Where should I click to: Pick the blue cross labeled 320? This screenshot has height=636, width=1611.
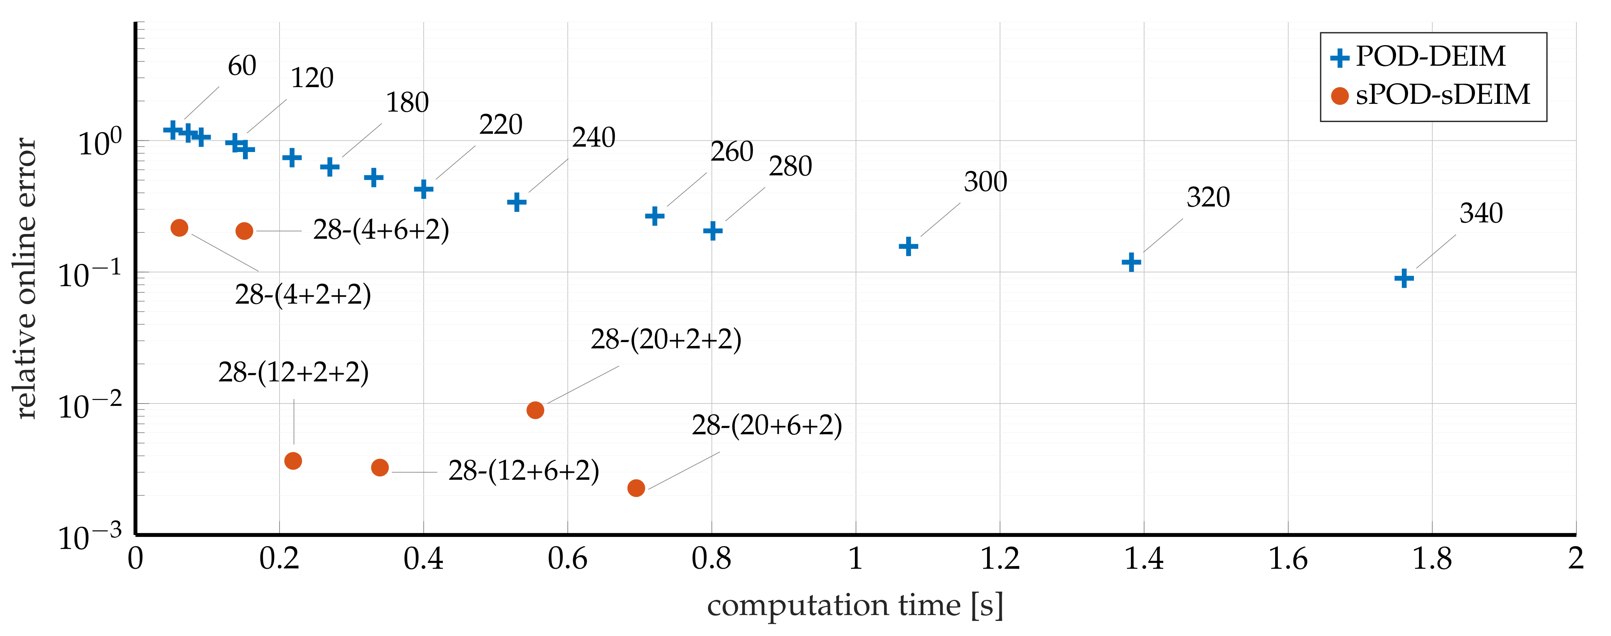(x=1131, y=262)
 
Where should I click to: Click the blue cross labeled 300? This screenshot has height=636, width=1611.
(x=908, y=246)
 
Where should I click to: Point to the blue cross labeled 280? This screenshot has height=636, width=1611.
(x=712, y=231)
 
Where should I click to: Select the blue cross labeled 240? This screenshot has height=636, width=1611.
(x=516, y=202)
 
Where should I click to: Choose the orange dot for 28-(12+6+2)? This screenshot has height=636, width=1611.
(x=379, y=467)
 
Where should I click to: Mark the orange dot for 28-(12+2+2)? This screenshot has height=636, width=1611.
(x=293, y=461)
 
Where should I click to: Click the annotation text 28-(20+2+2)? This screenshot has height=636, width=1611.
(x=666, y=339)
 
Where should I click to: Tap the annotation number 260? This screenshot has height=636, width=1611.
(x=731, y=152)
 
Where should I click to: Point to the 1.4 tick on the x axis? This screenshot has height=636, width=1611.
(x=1143, y=559)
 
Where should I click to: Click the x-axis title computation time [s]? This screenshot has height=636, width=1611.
(x=855, y=605)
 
